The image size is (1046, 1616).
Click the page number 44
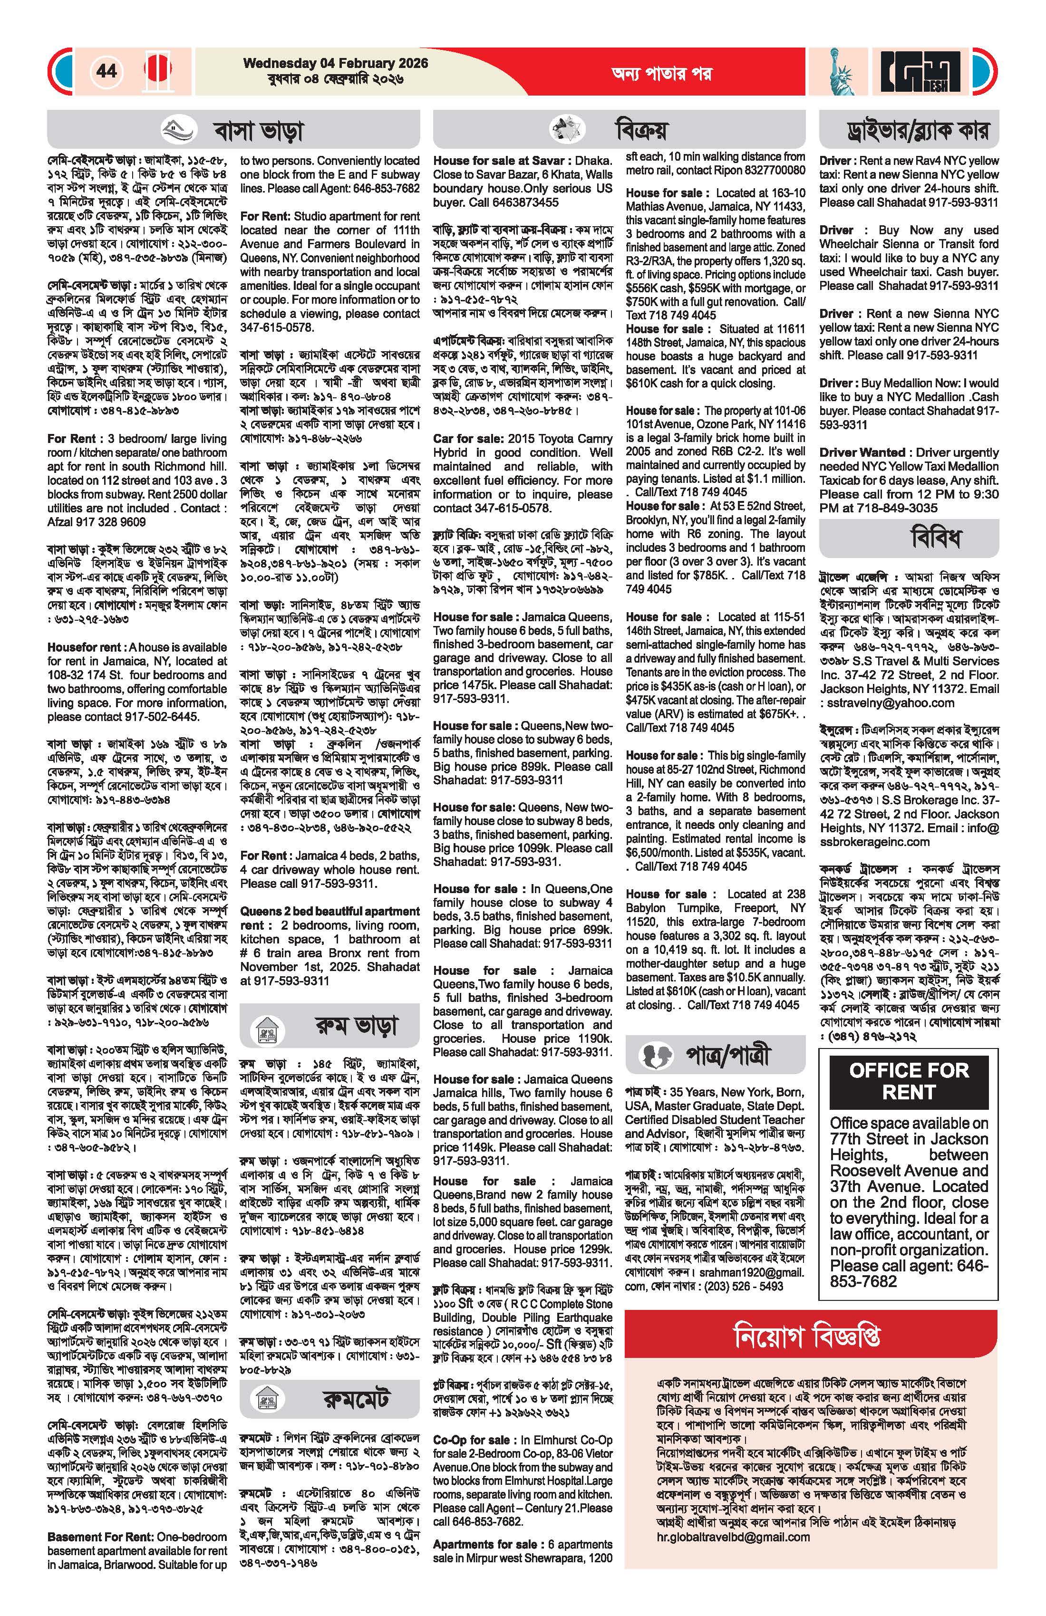[x=107, y=71]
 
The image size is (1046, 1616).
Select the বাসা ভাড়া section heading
[x=258, y=130]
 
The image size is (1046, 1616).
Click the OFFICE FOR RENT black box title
[x=908, y=1082]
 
